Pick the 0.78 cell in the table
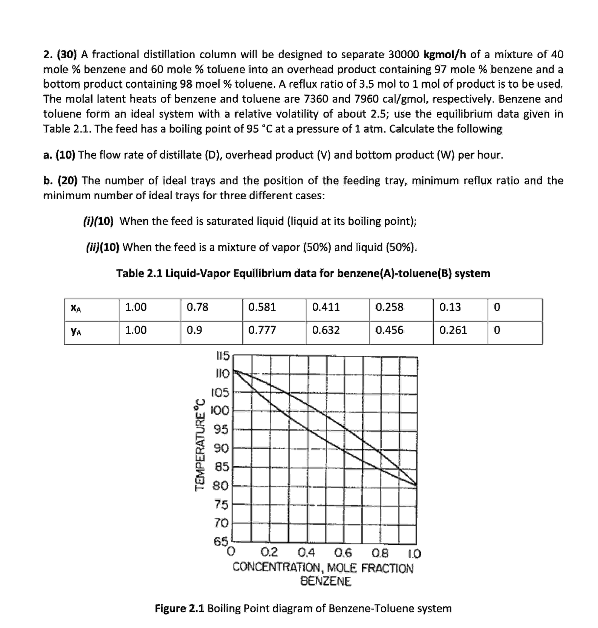197,307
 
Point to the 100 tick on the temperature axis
220,410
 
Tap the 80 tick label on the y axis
221,486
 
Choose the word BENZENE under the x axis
325,581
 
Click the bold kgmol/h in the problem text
445,55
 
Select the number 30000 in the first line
404,55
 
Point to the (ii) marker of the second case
93,247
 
